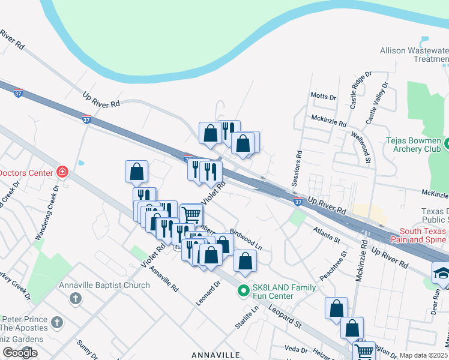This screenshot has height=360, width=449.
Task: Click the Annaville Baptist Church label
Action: point(104,286)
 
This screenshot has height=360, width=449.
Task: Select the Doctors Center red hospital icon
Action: point(62,173)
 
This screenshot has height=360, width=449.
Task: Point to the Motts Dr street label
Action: point(323,97)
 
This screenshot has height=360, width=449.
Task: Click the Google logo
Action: point(20,353)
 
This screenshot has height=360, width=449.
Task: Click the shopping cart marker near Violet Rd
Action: point(191,214)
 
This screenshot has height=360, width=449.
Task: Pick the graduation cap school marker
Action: point(442,272)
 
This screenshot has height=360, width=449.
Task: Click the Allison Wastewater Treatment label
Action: point(414,55)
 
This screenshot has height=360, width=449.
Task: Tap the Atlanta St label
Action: point(327,235)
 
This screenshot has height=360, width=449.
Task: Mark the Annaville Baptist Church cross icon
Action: point(76,298)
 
